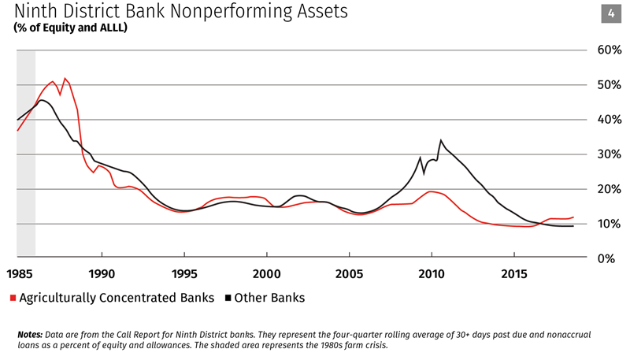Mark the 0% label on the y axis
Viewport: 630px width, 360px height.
[609, 258]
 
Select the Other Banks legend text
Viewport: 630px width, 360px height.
[271, 298]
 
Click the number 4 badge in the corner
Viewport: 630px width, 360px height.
[611, 13]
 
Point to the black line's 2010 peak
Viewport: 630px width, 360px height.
[440, 140]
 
